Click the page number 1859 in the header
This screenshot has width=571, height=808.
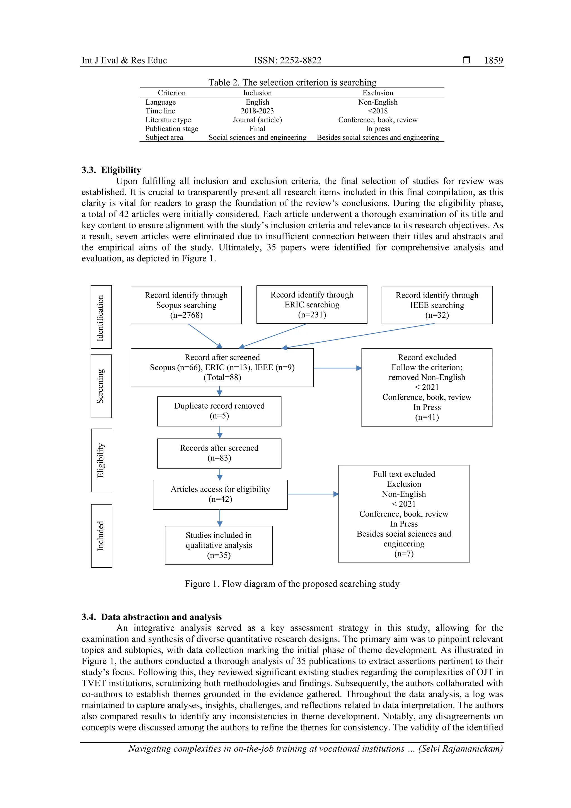click(493, 60)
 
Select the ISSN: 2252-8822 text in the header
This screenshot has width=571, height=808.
click(287, 60)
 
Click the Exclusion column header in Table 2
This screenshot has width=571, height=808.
click(378, 93)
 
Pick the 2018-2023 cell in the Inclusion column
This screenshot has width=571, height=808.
click(257, 111)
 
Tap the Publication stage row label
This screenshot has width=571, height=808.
click(172, 129)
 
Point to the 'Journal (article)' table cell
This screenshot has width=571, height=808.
click(257, 120)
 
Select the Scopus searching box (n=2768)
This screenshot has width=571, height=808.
click(186, 305)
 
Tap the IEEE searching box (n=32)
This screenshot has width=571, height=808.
click(437, 305)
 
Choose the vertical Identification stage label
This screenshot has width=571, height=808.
click(101, 317)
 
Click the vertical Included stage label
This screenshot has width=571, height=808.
click(101, 536)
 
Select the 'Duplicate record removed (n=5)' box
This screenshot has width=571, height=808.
click(219, 411)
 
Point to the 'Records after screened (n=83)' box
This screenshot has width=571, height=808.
click(219, 453)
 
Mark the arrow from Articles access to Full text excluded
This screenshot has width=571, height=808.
click(313, 494)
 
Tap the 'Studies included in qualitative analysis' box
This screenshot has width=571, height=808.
click(219, 545)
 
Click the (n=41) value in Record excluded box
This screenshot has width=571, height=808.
click(427, 417)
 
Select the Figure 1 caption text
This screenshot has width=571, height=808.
click(292, 584)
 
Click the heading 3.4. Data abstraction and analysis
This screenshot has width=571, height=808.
click(152, 617)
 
